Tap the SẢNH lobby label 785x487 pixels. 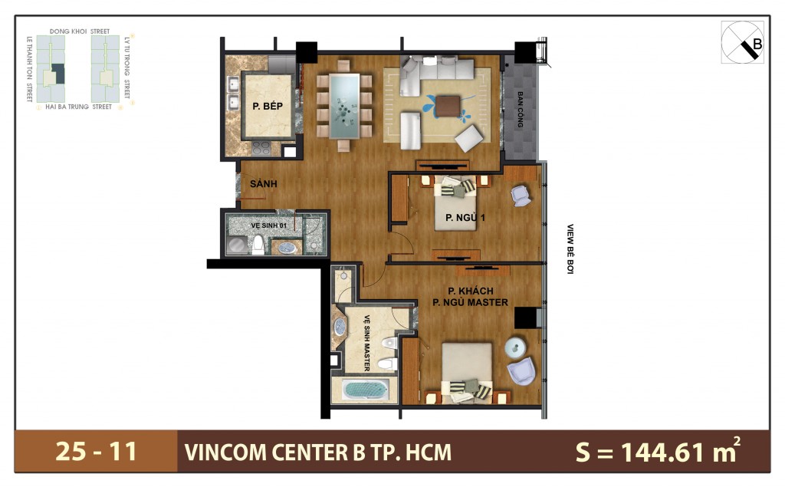click(x=263, y=184)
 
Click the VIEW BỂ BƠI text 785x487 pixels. click(x=570, y=249)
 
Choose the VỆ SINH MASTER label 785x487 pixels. click(x=366, y=342)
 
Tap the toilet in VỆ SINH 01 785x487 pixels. click(x=259, y=245)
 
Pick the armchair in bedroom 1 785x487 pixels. click(x=521, y=195)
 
